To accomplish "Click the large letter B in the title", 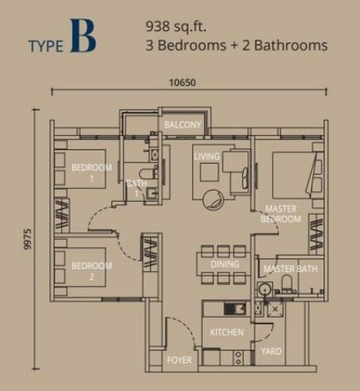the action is pos(83,36).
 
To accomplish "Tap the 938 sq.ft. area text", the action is pos(176,26).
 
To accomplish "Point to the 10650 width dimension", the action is pos(183,83).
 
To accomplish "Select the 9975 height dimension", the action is pos(27,239).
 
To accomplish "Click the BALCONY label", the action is pos(183,125).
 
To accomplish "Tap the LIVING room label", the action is pos(207,157).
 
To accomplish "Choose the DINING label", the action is pos(225,264).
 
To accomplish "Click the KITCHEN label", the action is pos(226,332).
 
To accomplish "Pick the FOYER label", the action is pos(180,360).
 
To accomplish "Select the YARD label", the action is pos(271,351).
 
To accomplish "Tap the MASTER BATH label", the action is pos(290,269).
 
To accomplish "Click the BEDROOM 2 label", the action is pos(91,271).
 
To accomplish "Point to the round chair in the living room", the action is pos(214,200).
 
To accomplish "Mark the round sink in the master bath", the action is pos(265,289).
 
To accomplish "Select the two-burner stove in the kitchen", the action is pos(238,358).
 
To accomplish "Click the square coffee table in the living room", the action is pos(209,172).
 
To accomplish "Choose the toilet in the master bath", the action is pos(286,283).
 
